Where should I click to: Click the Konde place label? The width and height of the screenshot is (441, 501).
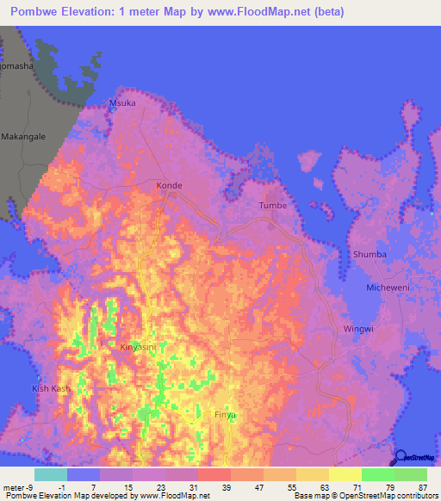pyautogui.click(x=169, y=185)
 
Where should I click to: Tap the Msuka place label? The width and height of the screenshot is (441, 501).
pyautogui.click(x=121, y=103)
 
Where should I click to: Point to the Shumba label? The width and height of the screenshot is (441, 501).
pyautogui.click(x=369, y=255)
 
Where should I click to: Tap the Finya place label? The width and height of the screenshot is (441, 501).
pyautogui.click(x=225, y=414)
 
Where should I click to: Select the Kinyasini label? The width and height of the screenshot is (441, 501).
pyautogui.click(x=138, y=347)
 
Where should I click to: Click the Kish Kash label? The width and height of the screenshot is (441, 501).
pyautogui.click(x=51, y=389)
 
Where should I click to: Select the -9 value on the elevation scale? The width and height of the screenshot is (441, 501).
pyautogui.click(x=30, y=488)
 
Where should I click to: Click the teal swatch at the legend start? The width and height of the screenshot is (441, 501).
pyautogui.click(x=51, y=474)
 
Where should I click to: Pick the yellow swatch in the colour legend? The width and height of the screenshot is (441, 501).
pyautogui.click(x=345, y=474)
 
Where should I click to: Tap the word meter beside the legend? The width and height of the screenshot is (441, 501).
pyautogui.click(x=12, y=488)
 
